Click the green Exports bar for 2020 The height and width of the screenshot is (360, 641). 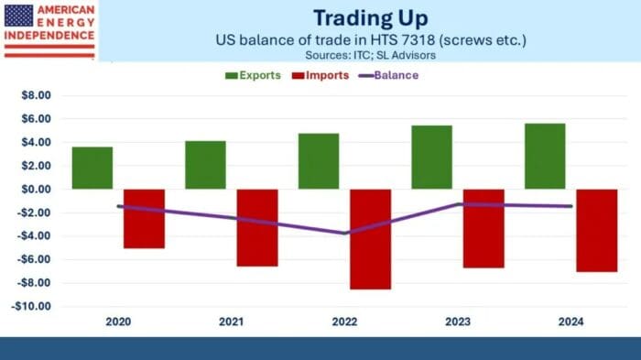[92, 168]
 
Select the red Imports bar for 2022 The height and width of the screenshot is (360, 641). [370, 239]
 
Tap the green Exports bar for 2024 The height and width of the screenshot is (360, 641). [545, 156]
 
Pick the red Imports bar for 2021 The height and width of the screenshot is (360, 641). [257, 228]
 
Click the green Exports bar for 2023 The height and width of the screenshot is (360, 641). [431, 157]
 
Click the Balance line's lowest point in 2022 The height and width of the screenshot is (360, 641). [345, 233]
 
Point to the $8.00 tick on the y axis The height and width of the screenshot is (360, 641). [34, 95]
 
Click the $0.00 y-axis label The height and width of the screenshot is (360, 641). [34, 190]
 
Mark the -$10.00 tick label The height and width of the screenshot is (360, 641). [31, 307]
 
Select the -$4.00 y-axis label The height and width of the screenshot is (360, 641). [33, 236]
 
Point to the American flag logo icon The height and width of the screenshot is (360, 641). [18, 16]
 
